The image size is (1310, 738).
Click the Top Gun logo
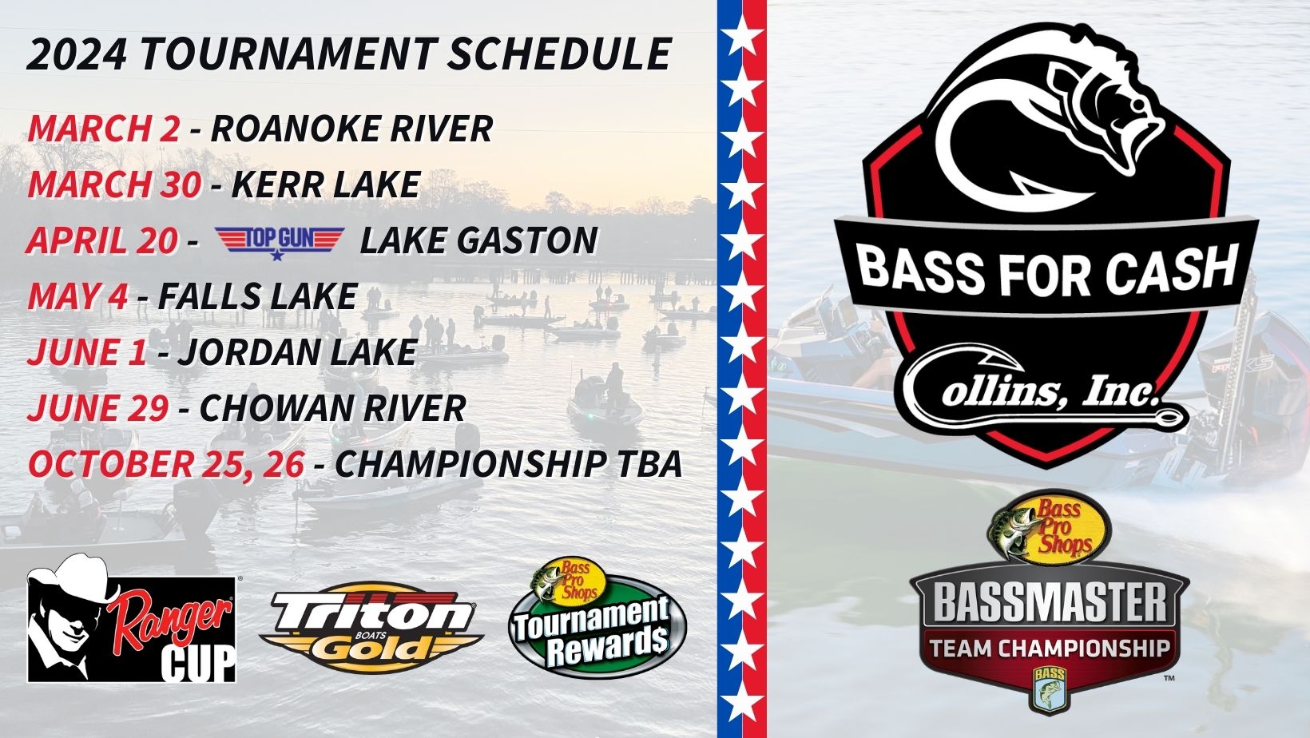(280, 241)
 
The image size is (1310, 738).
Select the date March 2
(104, 128)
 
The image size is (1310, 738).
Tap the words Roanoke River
(351, 128)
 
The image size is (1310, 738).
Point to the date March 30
(114, 184)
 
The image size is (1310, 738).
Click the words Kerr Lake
(326, 184)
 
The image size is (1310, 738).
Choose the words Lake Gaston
(478, 240)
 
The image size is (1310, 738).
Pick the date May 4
(77, 296)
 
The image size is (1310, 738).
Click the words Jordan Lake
(297, 351)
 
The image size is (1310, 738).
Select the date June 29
(97, 407)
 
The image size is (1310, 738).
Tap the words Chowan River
(333, 407)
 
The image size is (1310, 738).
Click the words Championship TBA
(508, 463)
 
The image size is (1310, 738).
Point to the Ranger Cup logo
(132, 618)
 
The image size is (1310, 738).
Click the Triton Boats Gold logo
(371, 628)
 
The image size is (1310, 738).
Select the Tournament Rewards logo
(597, 617)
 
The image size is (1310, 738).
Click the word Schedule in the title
(558, 54)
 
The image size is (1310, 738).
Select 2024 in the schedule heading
(77, 54)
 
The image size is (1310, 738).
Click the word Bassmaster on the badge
(1050, 603)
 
